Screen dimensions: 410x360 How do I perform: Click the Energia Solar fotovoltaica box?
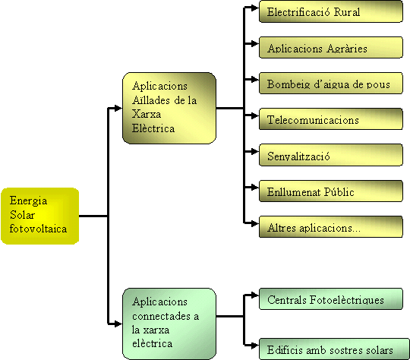tap(40, 216)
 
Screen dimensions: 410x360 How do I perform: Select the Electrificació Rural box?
tap(331, 11)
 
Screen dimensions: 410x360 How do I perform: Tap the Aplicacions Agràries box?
tap(331, 47)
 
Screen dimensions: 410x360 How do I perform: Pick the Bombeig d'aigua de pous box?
tap(331, 84)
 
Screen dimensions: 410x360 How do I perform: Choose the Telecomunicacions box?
tap(331, 119)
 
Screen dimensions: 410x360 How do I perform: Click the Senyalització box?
tap(331, 155)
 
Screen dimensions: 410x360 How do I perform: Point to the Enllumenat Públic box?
tap(331, 191)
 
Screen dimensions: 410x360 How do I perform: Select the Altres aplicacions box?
tap(331, 227)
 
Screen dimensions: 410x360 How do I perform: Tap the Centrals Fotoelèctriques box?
tap(331, 298)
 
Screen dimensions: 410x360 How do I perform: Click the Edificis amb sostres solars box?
tap(334, 349)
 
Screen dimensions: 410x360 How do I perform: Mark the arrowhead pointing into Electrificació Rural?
tap(255, 8)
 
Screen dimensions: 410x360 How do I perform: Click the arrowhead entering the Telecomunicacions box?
tap(255, 115)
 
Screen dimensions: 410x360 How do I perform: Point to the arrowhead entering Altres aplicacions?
tap(255, 223)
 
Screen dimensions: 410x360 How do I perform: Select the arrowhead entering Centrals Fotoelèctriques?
tap(255, 295)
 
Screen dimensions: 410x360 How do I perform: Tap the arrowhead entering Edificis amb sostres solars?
tap(255, 346)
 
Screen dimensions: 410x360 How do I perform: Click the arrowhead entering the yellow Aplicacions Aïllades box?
tap(118, 108)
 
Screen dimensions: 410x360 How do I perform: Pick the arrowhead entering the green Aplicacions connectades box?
tap(118, 324)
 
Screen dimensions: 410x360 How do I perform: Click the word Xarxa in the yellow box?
tap(147, 114)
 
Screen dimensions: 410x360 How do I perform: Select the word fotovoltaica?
tap(38, 229)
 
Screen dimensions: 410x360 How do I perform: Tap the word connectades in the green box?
tap(161, 316)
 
